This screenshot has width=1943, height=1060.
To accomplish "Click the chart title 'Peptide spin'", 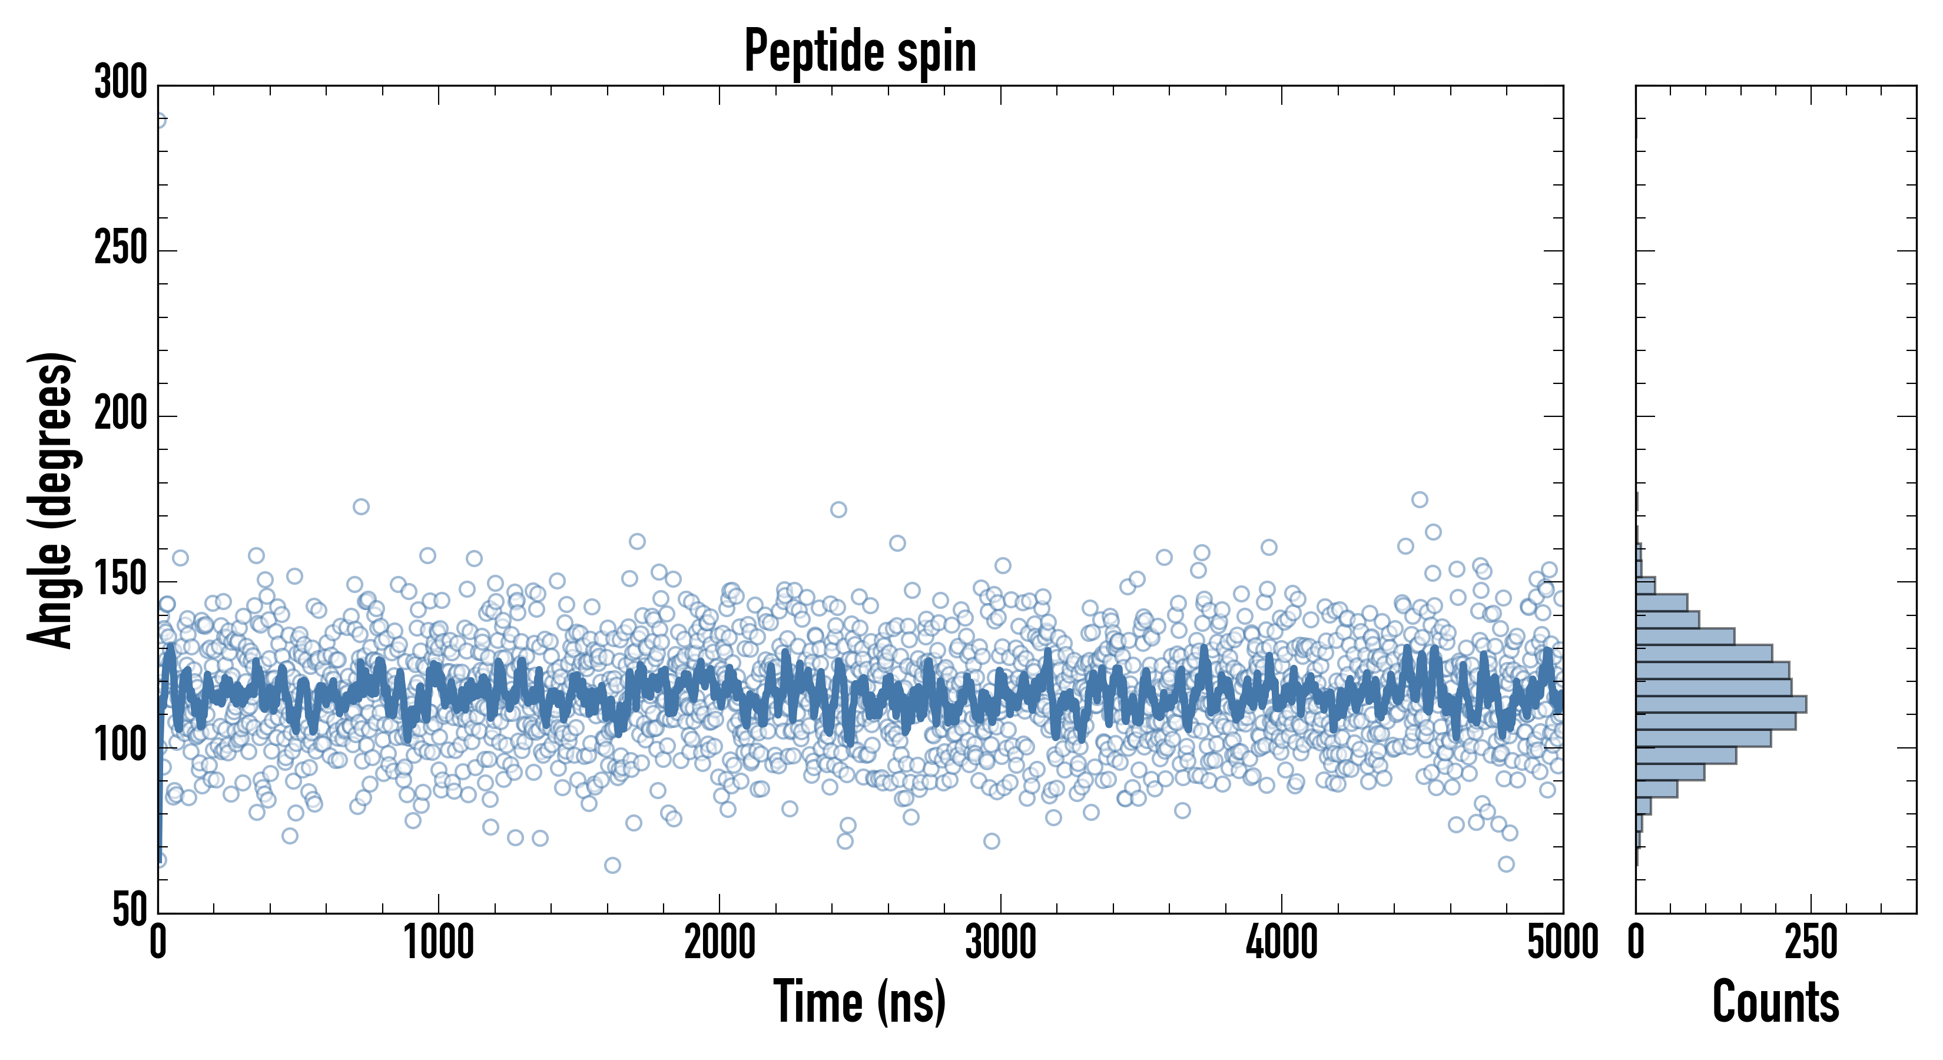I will [x=860, y=51].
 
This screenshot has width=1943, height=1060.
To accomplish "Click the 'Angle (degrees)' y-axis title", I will [x=51, y=499].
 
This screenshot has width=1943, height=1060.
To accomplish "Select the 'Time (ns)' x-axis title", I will [x=860, y=1002].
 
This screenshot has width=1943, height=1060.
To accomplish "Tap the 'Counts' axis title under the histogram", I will [x=1776, y=1002].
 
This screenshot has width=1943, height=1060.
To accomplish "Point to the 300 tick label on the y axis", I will [x=121, y=83].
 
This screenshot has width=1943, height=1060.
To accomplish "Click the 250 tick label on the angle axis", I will [x=121, y=249].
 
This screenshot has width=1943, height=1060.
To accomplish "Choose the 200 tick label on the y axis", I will [x=121, y=415].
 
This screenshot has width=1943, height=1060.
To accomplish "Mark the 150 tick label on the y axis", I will [x=121, y=581].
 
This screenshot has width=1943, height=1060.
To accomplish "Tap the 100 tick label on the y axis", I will [x=121, y=746].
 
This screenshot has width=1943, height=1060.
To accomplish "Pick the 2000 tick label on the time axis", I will [x=719, y=943].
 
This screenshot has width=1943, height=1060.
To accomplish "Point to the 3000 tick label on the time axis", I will [x=1001, y=943].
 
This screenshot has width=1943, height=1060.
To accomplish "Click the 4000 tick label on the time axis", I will [x=1282, y=943].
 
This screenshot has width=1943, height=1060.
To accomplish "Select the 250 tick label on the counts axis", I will [x=1811, y=943].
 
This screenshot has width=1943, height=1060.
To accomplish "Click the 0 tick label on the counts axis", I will [x=1636, y=943].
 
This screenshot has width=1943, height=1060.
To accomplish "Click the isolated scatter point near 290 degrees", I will [x=159, y=120].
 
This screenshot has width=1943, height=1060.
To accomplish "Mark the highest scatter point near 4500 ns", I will [x=1420, y=499].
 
